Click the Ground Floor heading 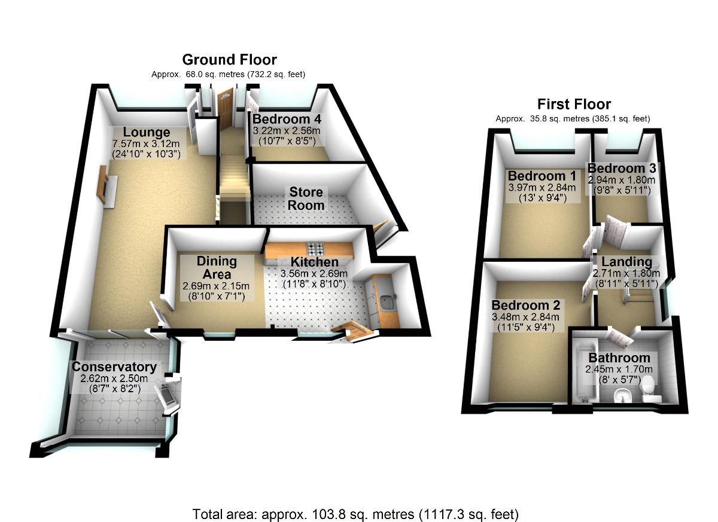pos(229,60)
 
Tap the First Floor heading pos(574,104)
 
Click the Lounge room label pos(147,132)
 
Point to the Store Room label pos(306,199)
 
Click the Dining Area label pos(217,268)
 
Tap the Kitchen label pos(314,262)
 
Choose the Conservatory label pos(114,367)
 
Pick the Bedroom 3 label pos(621,167)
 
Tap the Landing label pos(626,261)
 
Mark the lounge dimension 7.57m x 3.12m pos(146,144)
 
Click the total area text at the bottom pos(355,514)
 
